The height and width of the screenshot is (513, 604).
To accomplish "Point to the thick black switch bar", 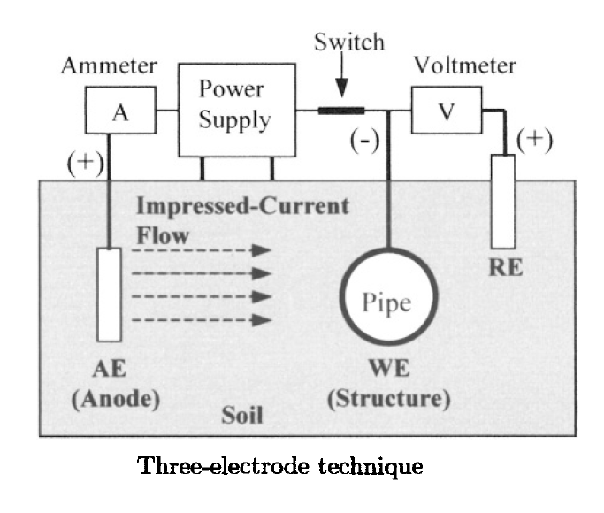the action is [x=341, y=111].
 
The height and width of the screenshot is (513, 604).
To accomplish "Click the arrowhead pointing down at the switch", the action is [x=341, y=88].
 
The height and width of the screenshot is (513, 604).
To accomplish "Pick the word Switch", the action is [x=349, y=42].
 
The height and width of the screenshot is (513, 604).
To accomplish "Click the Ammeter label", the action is [x=109, y=65].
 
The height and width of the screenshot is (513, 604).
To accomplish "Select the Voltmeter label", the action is [x=465, y=65].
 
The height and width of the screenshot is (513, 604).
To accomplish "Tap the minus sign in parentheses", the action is [x=364, y=141].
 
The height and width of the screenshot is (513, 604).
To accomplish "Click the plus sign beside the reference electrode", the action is [x=534, y=140].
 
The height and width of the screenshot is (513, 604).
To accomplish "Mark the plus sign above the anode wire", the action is [x=85, y=163].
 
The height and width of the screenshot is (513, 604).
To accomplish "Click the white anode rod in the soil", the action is [x=110, y=295].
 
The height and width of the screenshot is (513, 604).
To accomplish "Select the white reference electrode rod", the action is [x=503, y=202].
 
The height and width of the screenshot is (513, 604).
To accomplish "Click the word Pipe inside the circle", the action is [x=386, y=303].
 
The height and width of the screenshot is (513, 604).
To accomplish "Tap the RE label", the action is [x=506, y=268].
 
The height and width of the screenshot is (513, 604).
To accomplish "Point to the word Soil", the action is [x=242, y=415].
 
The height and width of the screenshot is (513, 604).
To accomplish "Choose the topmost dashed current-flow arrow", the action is [x=202, y=250].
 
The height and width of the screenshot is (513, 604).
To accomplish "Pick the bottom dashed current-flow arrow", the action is [x=202, y=319].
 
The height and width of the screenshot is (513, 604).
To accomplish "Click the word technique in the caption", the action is [x=371, y=467].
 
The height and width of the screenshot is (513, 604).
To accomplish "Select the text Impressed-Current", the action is [x=243, y=206].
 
